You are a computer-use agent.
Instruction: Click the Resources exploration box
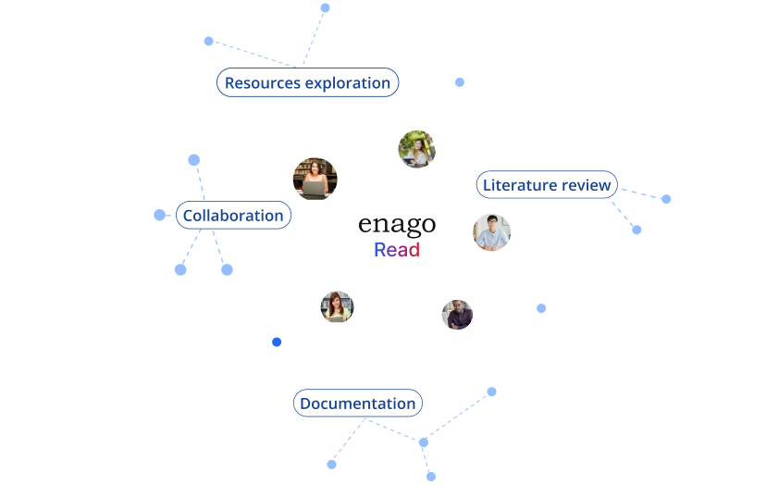point(307,82)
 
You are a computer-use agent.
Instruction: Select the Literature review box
point(547,185)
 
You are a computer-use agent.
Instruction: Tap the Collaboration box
point(233,216)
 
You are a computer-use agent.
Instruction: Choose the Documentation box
point(357,404)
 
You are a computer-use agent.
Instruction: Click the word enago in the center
point(396,225)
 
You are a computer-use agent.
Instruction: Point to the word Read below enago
point(397,250)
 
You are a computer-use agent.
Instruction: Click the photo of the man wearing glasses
point(491,232)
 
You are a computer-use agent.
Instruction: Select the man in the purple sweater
point(457,315)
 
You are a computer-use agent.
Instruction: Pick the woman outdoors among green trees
point(416,149)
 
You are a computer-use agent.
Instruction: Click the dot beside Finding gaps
point(666,199)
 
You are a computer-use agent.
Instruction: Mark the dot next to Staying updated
point(325,8)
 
